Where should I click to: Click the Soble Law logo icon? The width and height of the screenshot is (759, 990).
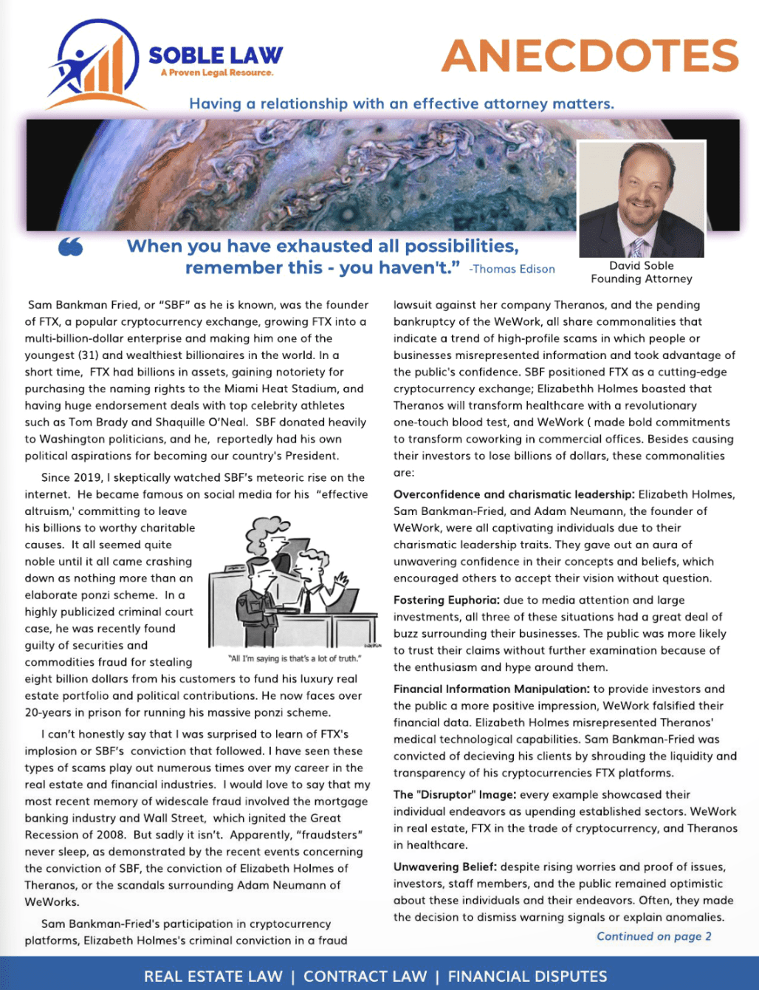click(x=93, y=65)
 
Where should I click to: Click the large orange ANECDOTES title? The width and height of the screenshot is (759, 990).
click(x=590, y=55)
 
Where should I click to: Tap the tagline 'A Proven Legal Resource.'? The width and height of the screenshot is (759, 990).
click(x=216, y=73)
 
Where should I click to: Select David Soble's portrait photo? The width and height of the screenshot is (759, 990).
click(x=642, y=199)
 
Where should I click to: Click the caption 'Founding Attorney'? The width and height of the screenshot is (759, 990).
click(x=641, y=279)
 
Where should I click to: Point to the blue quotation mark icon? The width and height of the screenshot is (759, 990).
click(x=70, y=247)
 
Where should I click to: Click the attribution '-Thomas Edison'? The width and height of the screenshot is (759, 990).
click(x=512, y=270)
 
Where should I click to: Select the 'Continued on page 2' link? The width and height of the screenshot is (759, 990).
click(x=653, y=937)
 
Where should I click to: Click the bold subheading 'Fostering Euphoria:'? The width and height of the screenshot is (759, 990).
click(x=446, y=600)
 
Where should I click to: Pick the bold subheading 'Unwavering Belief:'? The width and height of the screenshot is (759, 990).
click(x=444, y=867)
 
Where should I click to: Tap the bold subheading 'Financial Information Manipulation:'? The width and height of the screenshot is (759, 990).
click(x=491, y=689)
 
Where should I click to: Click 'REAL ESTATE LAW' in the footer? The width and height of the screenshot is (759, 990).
click(x=213, y=977)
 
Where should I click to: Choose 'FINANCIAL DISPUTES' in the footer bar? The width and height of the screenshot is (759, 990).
click(x=527, y=977)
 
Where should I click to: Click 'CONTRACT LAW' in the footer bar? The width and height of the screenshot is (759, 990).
click(x=365, y=977)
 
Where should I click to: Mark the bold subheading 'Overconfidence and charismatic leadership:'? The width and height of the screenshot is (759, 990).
click(x=514, y=494)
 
